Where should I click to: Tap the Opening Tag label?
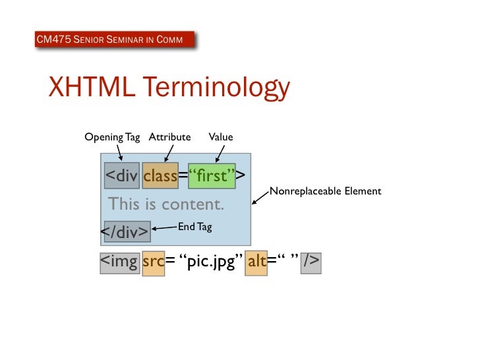click(x=112, y=137)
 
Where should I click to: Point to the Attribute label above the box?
click(x=169, y=137)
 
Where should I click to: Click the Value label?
click(x=221, y=137)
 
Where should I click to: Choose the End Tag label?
click(x=195, y=227)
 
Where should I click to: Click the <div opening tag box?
click(x=121, y=176)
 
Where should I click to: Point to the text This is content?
click(x=166, y=204)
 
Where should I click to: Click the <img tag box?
click(x=119, y=262)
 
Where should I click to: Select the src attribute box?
click(x=153, y=262)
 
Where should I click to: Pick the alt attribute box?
click(x=256, y=262)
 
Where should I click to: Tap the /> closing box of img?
click(x=310, y=262)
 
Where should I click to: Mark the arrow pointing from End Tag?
click(x=164, y=229)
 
